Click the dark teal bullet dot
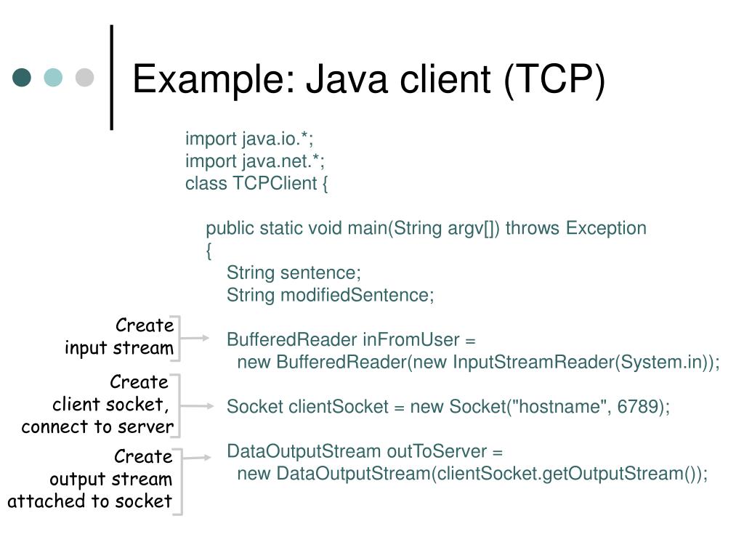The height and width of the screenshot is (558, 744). coord(23,78)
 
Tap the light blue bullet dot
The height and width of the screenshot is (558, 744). coord(54,78)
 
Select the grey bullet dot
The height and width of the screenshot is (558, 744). coord(85,78)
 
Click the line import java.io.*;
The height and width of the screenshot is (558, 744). coord(249,139)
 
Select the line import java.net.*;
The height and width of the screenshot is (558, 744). coord(254,161)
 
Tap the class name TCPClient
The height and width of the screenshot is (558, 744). coord(272,183)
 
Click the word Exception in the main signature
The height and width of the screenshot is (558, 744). coord(606,228)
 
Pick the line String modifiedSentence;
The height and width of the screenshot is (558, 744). coord(330,295)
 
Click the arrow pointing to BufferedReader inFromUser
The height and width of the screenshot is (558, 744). coord(195,338)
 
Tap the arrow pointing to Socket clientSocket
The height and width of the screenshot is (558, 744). coord(196,405)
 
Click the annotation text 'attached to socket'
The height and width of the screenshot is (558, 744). coord(90,501)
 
